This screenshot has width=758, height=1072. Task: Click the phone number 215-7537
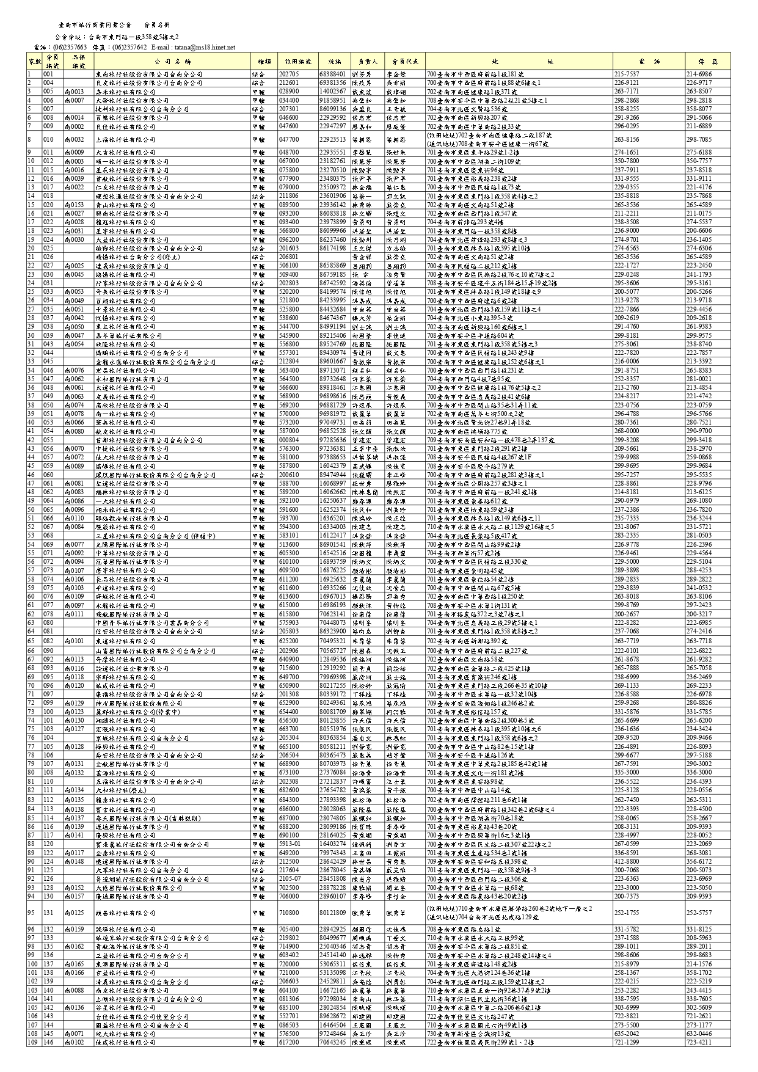coord(627,74)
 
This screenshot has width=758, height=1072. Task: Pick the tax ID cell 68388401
coord(332,74)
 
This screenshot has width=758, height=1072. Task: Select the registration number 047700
coord(289,139)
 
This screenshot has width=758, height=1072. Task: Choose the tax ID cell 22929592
coord(332,117)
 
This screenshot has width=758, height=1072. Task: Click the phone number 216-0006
coord(627,362)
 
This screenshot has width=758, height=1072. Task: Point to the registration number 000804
coord(289,440)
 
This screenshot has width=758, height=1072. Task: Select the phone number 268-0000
coord(627,431)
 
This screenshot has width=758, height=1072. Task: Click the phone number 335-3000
coord(627,772)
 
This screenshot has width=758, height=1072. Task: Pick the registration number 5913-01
coord(290,844)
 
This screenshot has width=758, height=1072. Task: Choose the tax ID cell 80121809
coord(332,913)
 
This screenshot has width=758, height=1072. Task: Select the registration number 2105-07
coord(290,878)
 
